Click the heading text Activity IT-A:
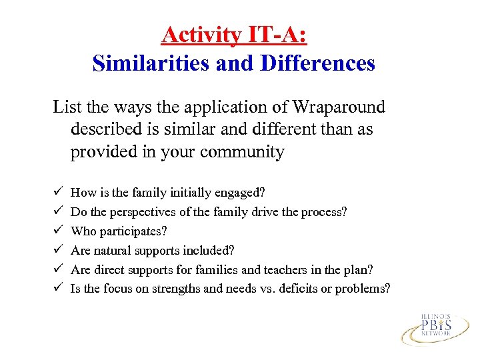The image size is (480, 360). point(233,35)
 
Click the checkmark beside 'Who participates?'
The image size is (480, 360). point(57,231)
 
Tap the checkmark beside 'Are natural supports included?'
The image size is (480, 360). point(57,250)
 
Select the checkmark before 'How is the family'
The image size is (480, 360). point(57,192)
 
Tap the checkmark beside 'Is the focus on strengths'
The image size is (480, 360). point(57,289)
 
